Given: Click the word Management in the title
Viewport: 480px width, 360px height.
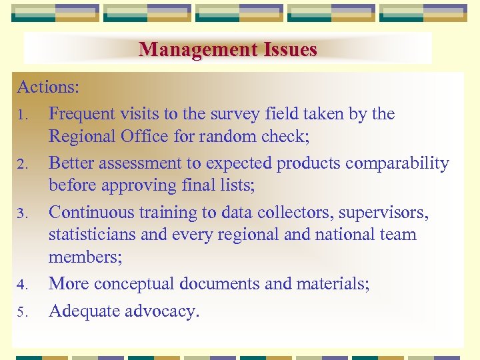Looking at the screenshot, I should (188, 49).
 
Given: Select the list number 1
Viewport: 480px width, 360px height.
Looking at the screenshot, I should (21, 115).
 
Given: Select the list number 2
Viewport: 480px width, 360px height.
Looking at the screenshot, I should (21, 164).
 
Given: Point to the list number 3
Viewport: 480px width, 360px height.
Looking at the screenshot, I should (21, 213).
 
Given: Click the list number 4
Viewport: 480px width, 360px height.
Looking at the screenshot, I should (21, 285).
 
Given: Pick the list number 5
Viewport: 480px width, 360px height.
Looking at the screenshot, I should (21, 311).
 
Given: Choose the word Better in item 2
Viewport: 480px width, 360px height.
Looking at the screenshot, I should (73, 163).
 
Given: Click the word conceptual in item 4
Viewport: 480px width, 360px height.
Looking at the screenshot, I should (126, 284).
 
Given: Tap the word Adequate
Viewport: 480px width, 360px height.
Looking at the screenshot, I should (83, 311).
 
